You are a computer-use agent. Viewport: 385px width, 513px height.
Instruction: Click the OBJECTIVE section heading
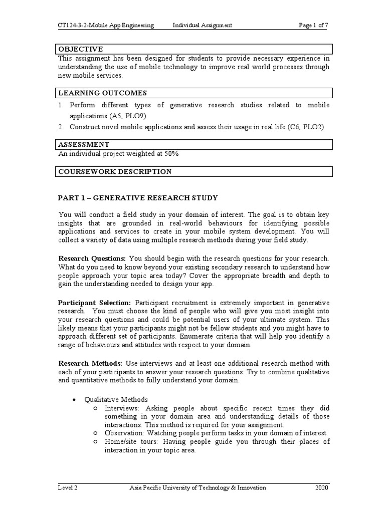point(81,49)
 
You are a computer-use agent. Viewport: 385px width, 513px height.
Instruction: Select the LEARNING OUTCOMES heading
point(103,93)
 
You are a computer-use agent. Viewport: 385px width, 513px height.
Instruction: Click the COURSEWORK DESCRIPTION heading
point(115,172)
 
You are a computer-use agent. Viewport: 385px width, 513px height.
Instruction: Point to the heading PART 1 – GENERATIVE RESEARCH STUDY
point(138,198)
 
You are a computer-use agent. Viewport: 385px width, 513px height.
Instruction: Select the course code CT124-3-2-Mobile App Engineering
point(106,25)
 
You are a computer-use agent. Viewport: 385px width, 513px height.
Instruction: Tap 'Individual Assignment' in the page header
point(202,25)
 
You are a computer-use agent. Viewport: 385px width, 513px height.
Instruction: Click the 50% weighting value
point(169,154)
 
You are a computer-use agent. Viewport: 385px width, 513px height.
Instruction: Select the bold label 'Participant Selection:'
point(95,303)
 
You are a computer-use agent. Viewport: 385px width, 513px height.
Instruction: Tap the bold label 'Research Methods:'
point(90,363)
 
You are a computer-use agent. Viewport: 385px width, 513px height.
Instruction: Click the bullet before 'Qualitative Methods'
point(74,400)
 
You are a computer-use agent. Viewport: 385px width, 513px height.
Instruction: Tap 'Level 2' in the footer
point(68,488)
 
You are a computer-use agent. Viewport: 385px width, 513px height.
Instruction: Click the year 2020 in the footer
point(322,488)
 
